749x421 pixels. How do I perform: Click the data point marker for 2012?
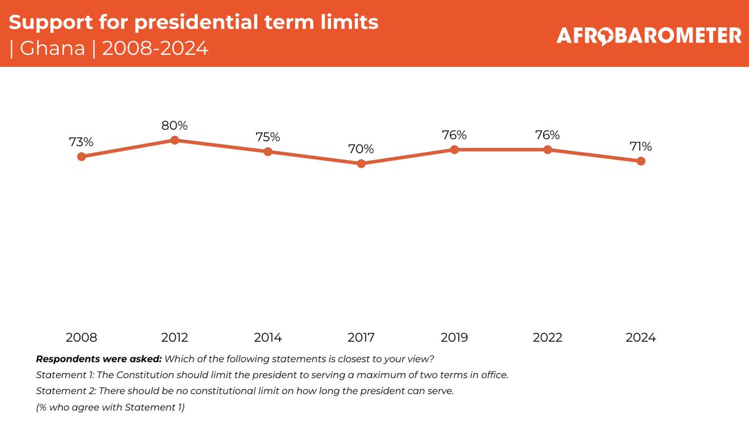175,140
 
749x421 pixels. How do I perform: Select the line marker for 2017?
361,163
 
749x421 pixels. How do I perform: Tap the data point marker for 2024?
641,161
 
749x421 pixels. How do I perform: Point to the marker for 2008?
81,157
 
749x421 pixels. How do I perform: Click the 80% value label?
175,125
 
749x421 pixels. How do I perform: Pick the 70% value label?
361,149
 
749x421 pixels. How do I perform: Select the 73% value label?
81,142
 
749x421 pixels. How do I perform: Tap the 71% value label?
641,147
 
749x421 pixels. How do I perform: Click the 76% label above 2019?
454,135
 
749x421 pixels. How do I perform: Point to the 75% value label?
268,137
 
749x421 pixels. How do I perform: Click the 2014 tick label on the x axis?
268,337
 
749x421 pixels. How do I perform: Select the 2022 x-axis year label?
547,337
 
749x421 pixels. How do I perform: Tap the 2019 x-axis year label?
454,337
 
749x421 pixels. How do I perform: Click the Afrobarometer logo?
649,36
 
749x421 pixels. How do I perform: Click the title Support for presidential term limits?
193,23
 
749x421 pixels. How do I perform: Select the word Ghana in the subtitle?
52,49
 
